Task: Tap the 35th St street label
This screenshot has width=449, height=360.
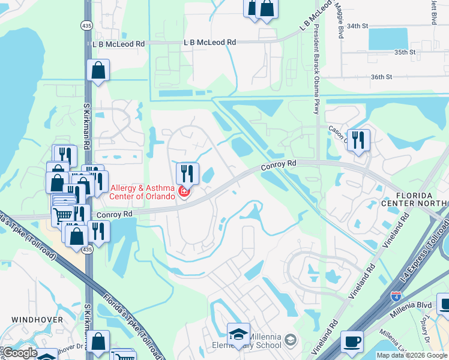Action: [405, 52]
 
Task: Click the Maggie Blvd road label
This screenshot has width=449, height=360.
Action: [340, 22]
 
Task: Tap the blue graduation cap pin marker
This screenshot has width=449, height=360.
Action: [238, 334]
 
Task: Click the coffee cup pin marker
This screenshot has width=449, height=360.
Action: [352, 342]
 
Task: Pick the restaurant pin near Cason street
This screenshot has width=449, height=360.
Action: [358, 140]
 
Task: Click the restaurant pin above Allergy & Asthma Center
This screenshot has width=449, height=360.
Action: [187, 174]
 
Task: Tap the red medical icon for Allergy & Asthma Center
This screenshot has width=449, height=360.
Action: [184, 193]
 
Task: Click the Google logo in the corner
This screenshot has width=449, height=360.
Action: [20, 353]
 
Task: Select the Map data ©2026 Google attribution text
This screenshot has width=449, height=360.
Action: [411, 355]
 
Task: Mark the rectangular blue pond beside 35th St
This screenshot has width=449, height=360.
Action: [387, 38]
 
